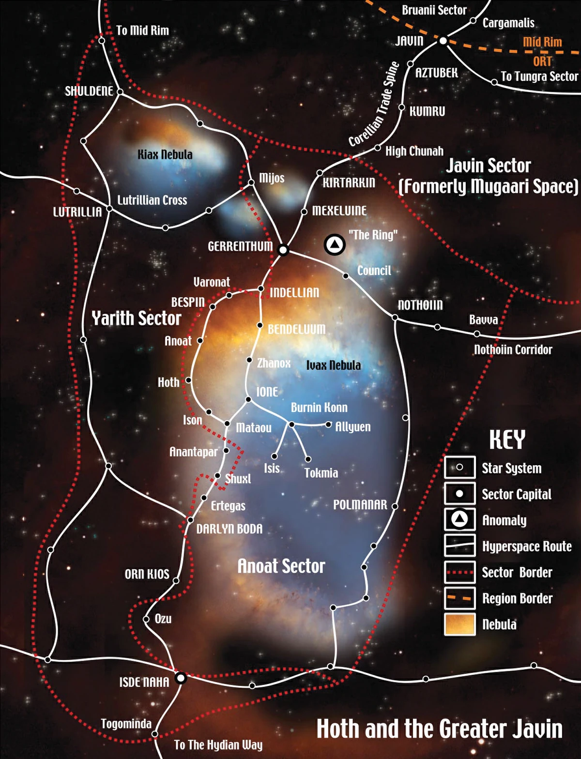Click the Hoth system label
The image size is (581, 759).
pyautogui.click(x=168, y=382)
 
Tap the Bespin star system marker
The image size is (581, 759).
pyautogui.click(x=213, y=306)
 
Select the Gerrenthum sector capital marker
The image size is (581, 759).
pyautogui.click(x=283, y=250)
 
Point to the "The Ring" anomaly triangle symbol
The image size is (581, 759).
pyautogui.click(x=335, y=244)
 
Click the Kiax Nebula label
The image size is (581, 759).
pyautogui.click(x=165, y=154)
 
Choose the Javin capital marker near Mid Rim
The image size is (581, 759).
pyautogui.click(x=443, y=41)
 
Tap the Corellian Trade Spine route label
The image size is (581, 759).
pyautogui.click(x=374, y=104)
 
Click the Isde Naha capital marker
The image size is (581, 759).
pyautogui.click(x=181, y=678)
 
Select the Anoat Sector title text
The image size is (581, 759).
pyautogui.click(x=281, y=566)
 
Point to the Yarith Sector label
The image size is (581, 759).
pyautogui.click(x=136, y=318)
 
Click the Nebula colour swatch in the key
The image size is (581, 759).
pyautogui.click(x=459, y=624)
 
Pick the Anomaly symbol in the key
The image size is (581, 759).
pyautogui.click(x=459, y=520)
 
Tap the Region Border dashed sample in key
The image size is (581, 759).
pyautogui.click(x=459, y=598)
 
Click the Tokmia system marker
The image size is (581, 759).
pyautogui.click(x=308, y=459)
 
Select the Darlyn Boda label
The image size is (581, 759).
pyautogui.click(x=229, y=529)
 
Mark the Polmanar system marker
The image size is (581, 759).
pyautogui.click(x=395, y=506)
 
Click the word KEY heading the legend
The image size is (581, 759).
pyautogui.click(x=507, y=440)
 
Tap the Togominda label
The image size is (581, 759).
pyautogui.click(x=126, y=724)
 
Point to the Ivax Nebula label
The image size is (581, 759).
pyautogui.click(x=334, y=365)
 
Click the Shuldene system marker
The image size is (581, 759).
pyautogui.click(x=120, y=91)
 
